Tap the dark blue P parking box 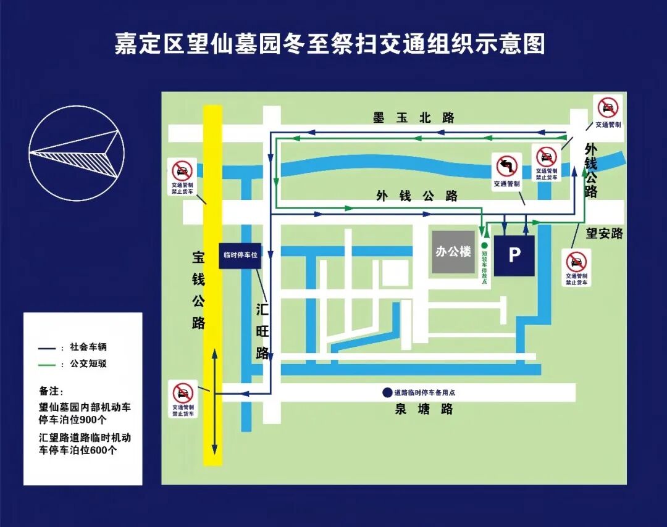pos(514,255)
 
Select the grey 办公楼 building pos(453,252)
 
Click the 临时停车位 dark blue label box pos(240,255)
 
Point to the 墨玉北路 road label pos(414,118)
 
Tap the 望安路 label pos(604,233)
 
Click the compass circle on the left pos(77,153)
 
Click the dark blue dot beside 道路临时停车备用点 pos(387,392)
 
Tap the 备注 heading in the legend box pos(51,391)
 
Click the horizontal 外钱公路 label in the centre pos(417,196)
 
